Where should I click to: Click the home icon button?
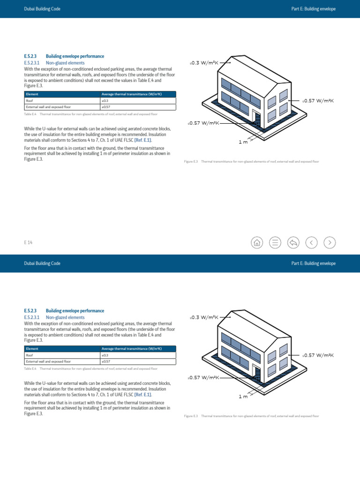click(x=257, y=242)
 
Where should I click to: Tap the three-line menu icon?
click(x=275, y=242)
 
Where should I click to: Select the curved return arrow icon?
click(x=293, y=242)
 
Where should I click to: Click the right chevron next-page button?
click(x=330, y=242)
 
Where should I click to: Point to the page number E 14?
click(x=28, y=242)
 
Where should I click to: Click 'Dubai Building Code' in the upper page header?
click(x=42, y=9)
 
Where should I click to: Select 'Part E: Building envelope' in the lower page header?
click(x=313, y=263)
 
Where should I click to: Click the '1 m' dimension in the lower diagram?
click(x=243, y=397)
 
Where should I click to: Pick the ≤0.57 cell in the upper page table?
click(x=106, y=107)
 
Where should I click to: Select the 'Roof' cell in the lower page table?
click(x=30, y=355)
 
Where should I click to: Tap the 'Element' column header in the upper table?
click(x=32, y=94)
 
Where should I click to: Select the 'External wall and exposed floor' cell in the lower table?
click(x=48, y=362)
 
